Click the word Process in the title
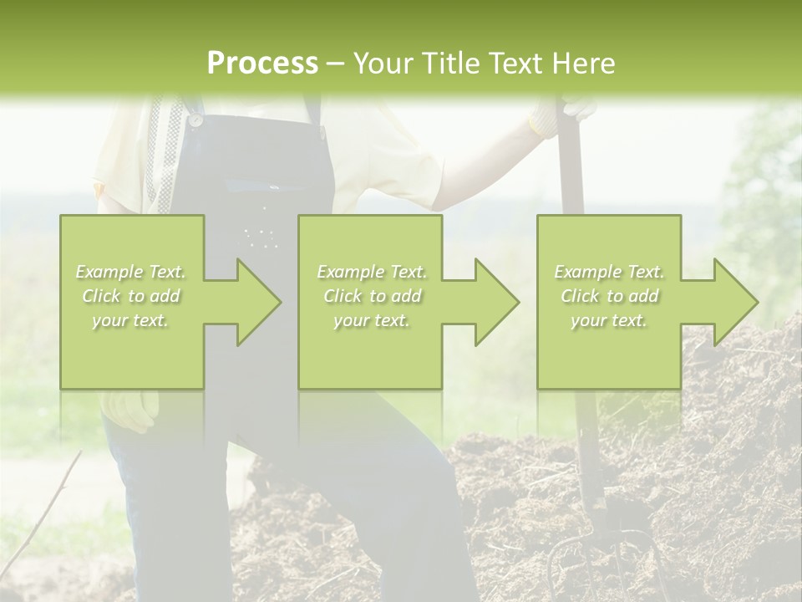click(262, 64)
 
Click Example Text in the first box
click(131, 272)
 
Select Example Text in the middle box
click(371, 272)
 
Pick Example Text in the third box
click(609, 272)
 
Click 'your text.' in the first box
click(131, 320)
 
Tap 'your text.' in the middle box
click(371, 320)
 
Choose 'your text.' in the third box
click(609, 320)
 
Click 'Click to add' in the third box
click(609, 296)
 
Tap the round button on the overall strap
click(195, 120)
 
